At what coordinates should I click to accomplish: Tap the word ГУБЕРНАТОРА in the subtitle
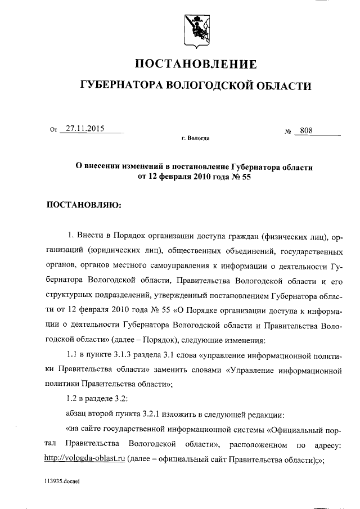(119, 86)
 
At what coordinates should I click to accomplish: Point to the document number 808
(307, 130)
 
